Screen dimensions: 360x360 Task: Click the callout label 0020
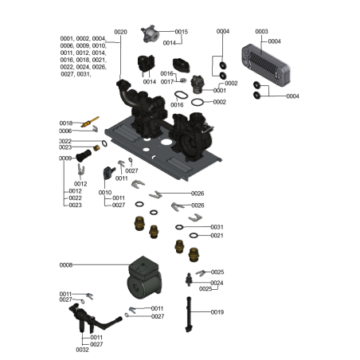120,32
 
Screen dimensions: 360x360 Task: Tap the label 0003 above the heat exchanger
261,32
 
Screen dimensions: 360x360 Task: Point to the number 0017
166,82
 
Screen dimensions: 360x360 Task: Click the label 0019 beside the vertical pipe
217,312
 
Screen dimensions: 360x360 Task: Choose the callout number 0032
82,350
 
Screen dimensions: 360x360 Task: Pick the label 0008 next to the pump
66,264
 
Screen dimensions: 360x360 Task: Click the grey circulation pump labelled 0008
143,278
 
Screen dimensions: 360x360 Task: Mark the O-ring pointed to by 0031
181,227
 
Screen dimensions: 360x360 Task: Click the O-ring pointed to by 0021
180,236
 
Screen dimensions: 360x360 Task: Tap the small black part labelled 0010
108,173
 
